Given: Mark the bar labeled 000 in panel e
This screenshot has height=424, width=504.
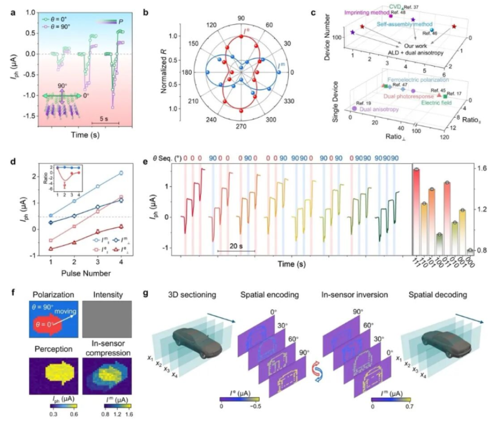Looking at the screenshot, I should click(470, 251).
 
